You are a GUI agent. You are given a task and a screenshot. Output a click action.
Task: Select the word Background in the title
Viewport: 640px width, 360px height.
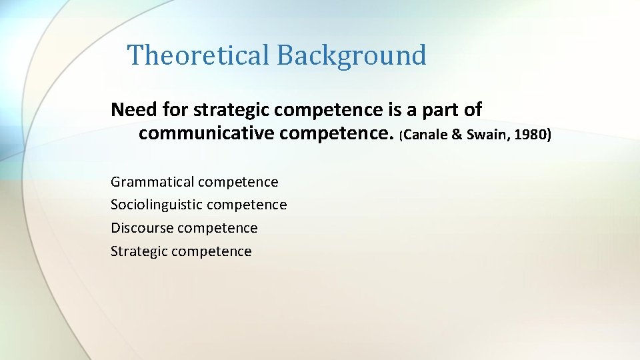(351, 55)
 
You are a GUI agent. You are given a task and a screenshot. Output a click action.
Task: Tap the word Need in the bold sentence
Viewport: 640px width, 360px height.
(133, 109)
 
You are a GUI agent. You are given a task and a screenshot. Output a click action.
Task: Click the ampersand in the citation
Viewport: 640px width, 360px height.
(456, 135)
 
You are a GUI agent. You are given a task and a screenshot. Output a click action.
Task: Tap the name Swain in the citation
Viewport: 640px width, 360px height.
(483, 135)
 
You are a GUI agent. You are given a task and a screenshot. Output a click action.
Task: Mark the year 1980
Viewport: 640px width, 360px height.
(531, 135)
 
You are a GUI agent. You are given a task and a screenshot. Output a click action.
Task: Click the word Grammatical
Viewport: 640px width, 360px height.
(153, 182)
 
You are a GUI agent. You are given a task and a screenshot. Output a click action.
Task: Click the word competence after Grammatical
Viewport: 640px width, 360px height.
(238, 182)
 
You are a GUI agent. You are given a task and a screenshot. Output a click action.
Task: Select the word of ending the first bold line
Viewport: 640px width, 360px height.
(472, 109)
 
